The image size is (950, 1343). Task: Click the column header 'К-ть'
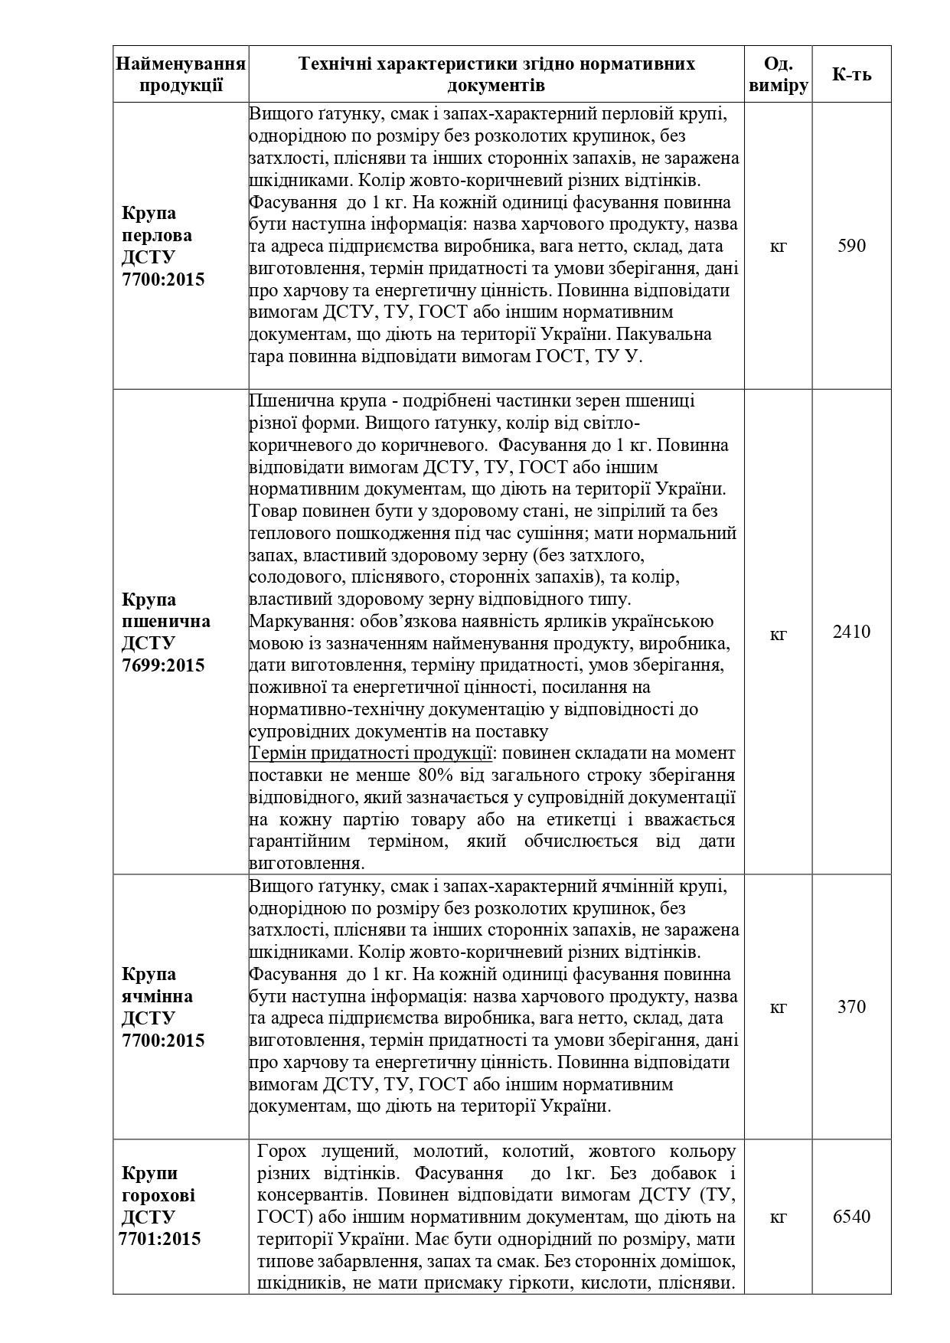coord(851,74)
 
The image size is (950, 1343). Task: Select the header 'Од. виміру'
coord(778,74)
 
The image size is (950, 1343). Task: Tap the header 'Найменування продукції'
coord(181,74)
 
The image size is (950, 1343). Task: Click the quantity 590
coord(851,246)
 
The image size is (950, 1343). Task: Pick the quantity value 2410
coord(851,632)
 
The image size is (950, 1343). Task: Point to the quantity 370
coord(851,1007)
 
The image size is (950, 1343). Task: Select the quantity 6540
coord(851,1216)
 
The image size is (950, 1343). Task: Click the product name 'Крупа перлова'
coord(158,224)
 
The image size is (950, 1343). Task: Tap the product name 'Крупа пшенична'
coord(165,609)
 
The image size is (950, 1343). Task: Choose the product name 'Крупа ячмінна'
coord(158,985)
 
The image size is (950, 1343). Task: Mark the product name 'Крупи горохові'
coord(158,1184)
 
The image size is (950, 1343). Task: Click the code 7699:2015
coord(163,665)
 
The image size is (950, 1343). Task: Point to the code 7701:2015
coord(160,1238)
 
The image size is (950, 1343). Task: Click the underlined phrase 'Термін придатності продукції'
coord(371,753)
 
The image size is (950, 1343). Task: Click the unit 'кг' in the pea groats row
coord(778,1216)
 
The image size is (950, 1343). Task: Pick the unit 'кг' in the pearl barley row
coord(778,246)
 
